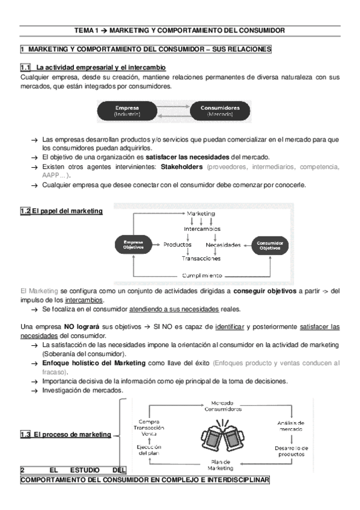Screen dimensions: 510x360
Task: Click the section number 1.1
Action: tap(26, 67)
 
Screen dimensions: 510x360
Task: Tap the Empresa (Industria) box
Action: tap(127, 111)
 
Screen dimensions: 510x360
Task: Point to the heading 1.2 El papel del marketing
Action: tap(61, 211)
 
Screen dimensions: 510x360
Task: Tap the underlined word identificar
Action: tap(229, 327)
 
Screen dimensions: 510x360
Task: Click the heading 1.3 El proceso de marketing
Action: tap(65, 434)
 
